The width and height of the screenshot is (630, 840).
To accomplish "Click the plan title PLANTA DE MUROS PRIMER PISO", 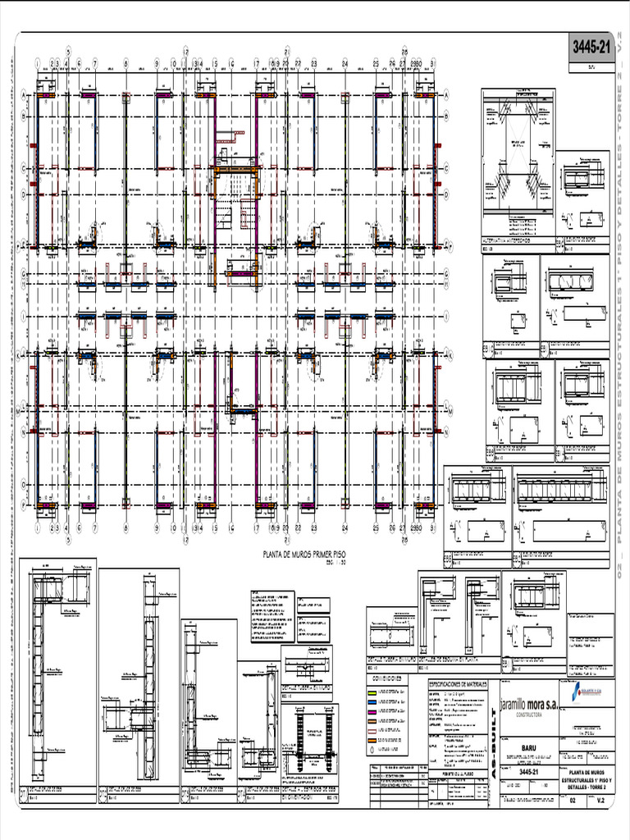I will [304, 555].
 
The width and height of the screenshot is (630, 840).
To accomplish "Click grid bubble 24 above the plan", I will [345, 62].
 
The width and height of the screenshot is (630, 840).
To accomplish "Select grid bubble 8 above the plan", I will [126, 62].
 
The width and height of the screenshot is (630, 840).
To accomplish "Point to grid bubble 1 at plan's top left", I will [37, 62].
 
